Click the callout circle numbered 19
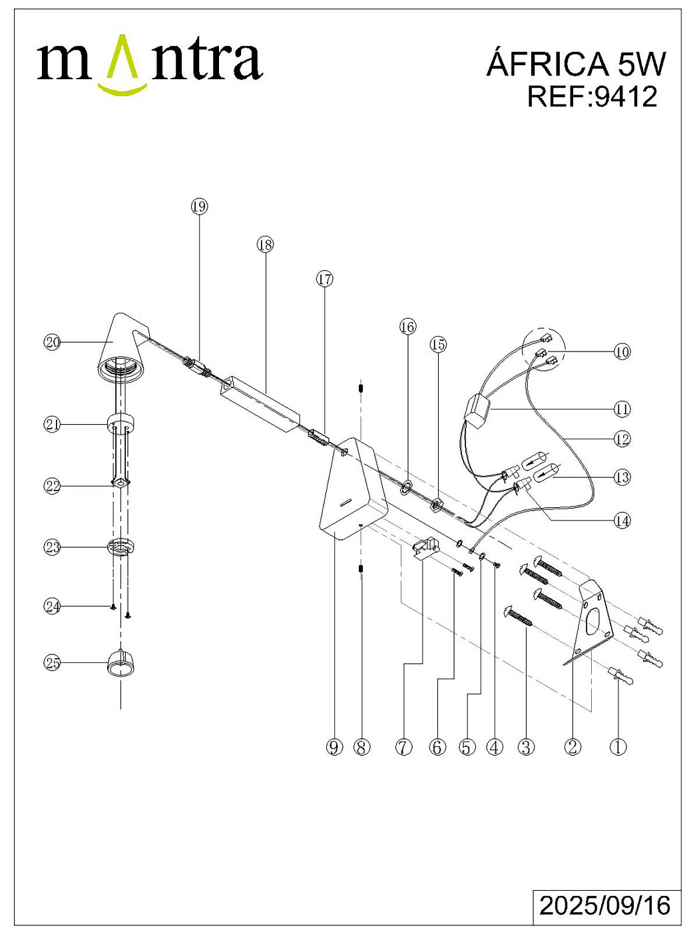[199, 206]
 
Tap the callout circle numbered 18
[265, 245]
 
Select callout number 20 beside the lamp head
[53, 342]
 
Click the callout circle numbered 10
[622, 351]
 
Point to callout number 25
[53, 662]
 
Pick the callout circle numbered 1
[618, 747]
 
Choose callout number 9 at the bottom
[334, 747]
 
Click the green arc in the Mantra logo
[122, 88]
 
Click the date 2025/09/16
[604, 906]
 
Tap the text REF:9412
[592, 97]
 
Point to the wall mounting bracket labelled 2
[591, 619]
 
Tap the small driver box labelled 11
[476, 411]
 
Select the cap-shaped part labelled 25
[121, 663]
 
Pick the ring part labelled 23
[121, 547]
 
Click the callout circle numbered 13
[622, 477]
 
